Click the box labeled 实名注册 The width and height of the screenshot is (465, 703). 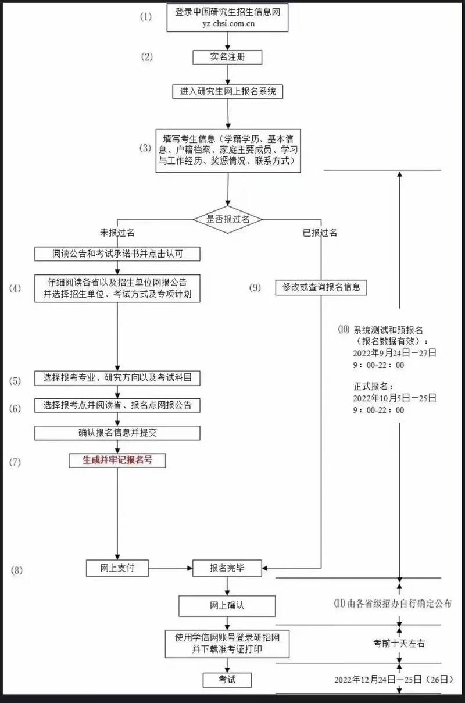[227, 57]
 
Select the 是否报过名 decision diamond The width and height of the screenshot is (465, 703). [228, 219]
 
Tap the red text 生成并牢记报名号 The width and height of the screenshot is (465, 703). [117, 460]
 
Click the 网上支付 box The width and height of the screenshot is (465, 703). [117, 568]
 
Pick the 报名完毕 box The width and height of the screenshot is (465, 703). [227, 569]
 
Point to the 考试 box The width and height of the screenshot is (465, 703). [227, 680]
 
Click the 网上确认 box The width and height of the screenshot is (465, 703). [227, 605]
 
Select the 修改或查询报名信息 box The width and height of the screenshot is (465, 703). [321, 287]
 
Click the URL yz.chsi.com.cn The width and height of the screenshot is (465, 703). [227, 24]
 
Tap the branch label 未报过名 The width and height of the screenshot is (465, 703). [117, 233]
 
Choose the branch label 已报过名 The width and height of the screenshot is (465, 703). [320, 233]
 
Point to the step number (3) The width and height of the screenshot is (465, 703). [145, 148]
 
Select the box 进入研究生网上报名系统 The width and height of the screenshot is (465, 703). [228, 91]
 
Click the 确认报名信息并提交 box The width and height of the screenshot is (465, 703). [117, 433]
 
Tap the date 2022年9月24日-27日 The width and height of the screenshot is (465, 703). [394, 353]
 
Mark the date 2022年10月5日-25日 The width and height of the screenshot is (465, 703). [394, 398]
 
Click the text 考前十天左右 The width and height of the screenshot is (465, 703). [399, 644]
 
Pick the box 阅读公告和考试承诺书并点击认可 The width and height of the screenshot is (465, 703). [117, 254]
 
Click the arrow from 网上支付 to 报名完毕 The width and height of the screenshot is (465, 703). [170, 568]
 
